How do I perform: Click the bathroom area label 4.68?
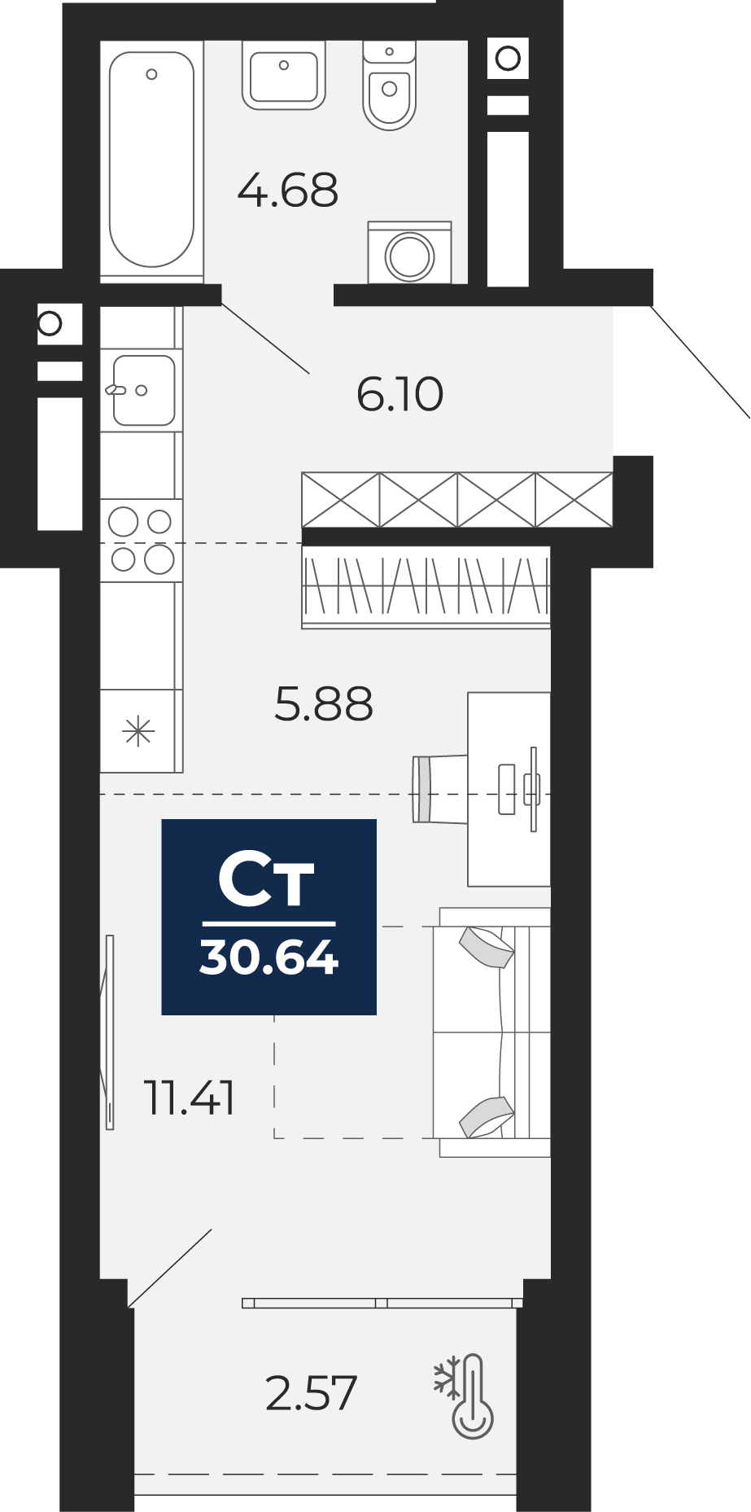click(x=288, y=191)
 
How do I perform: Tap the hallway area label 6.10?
click(x=400, y=394)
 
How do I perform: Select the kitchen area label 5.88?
click(x=324, y=704)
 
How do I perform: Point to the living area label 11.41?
click(x=190, y=1098)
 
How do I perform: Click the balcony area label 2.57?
click(x=312, y=1393)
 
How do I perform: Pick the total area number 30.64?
click(x=269, y=958)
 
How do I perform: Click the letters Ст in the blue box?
click(x=267, y=880)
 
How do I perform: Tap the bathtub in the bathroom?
click(x=151, y=160)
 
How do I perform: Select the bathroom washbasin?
click(x=284, y=75)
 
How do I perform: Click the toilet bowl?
click(x=389, y=85)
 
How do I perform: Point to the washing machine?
click(x=409, y=252)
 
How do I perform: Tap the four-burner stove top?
click(x=142, y=541)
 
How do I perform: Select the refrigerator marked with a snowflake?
click(x=140, y=731)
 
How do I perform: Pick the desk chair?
click(x=440, y=789)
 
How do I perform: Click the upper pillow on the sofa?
click(x=487, y=947)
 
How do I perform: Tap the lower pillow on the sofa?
click(x=487, y=1117)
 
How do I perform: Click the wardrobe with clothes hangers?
click(x=426, y=586)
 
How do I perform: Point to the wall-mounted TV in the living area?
click(x=109, y=1032)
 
